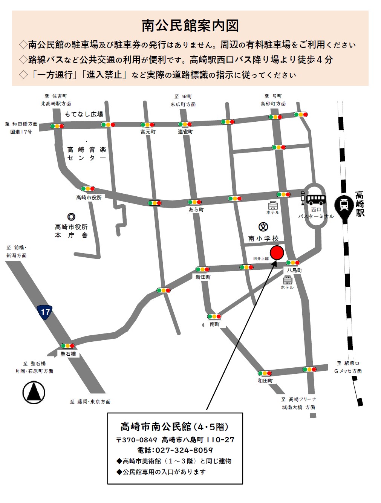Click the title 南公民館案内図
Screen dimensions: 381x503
[190, 26]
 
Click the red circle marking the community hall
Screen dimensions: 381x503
[277, 252]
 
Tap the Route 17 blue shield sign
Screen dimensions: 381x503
[44, 312]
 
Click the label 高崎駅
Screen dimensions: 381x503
[360, 204]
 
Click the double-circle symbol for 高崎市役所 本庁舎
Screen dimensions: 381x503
[71, 217]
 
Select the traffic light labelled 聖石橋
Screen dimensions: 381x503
[68, 346]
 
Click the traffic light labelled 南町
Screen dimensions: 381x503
[214, 316]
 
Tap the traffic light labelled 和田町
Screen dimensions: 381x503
[265, 373]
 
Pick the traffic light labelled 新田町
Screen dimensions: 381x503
[202, 269]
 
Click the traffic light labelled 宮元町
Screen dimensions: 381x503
[147, 125]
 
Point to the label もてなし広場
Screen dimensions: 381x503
[84, 114]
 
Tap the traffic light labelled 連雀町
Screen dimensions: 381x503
[185, 124]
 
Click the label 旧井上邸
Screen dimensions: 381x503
[261, 259]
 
